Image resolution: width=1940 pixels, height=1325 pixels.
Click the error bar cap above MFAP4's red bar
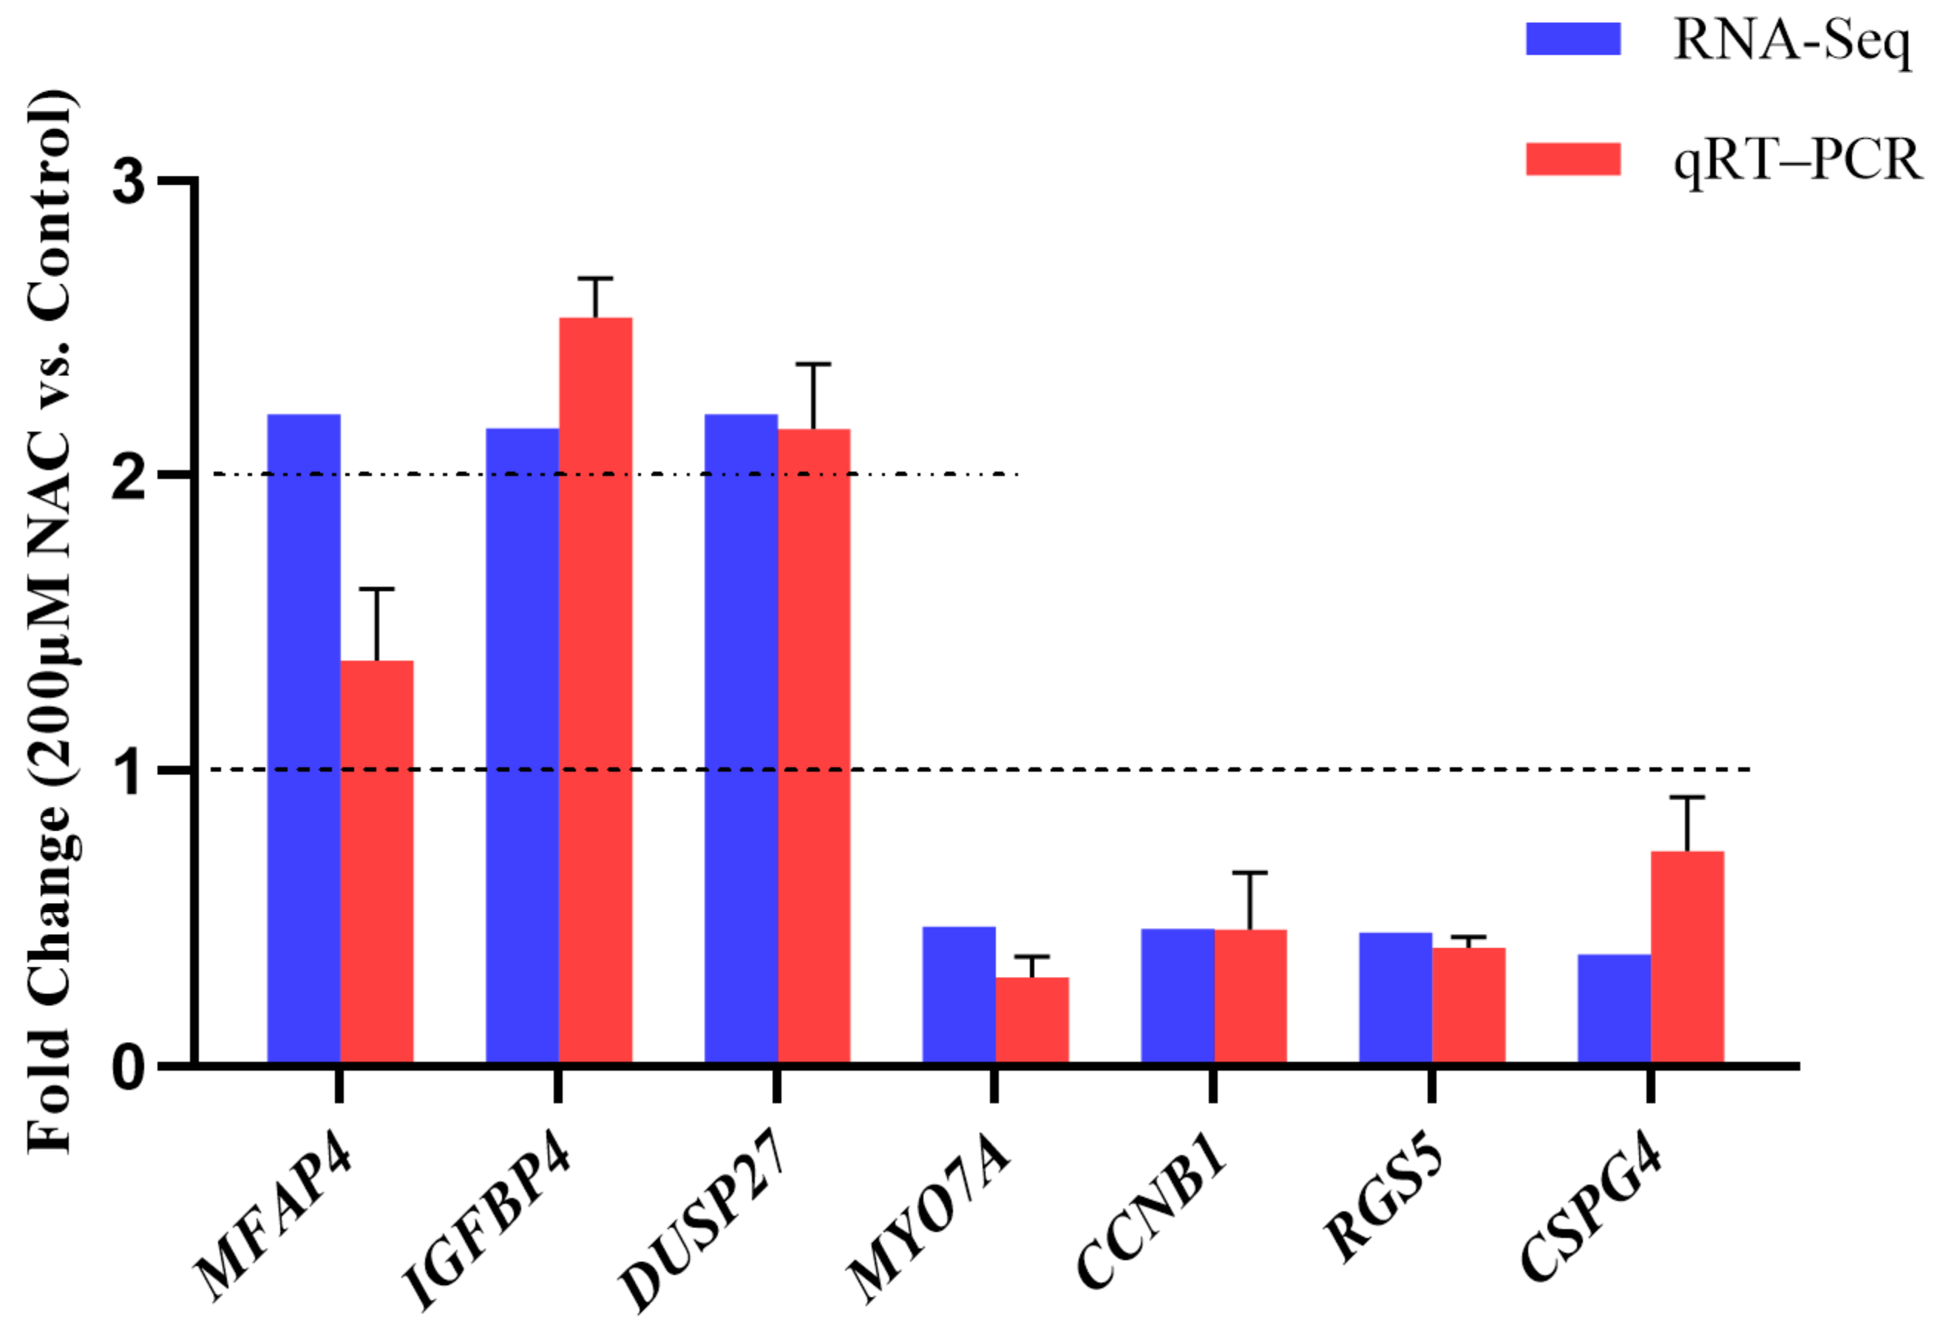coord(376,589)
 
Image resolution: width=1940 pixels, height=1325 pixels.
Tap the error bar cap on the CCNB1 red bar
coord(1249,873)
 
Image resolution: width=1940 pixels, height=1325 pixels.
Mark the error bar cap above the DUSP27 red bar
coord(813,364)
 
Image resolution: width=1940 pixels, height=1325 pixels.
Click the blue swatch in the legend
coord(1573,39)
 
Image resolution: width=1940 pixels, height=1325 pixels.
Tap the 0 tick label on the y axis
coord(129,1067)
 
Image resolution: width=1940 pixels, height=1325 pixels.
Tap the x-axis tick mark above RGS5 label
coord(1431,1086)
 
